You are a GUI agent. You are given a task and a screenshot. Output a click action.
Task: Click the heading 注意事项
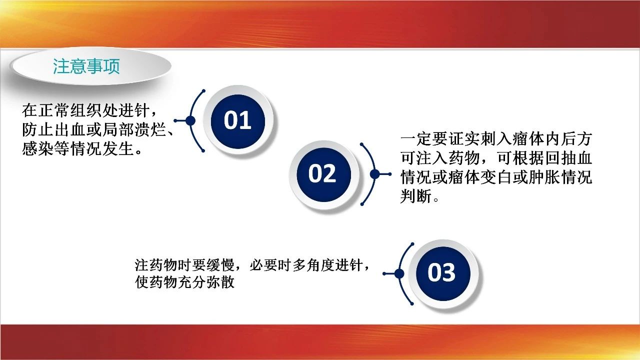86,66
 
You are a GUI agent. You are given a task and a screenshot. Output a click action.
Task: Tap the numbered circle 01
237,121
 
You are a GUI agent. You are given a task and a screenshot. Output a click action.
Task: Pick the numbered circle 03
443,273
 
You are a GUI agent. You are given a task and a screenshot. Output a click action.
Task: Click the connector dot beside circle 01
190,120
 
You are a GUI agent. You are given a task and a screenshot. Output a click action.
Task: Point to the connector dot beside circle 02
375,174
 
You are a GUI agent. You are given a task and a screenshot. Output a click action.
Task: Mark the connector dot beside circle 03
399,273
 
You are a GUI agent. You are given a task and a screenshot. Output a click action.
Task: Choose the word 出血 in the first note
70,129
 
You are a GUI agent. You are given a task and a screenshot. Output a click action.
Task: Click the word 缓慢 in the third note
220,265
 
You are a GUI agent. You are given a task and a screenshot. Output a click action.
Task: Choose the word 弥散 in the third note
220,282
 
